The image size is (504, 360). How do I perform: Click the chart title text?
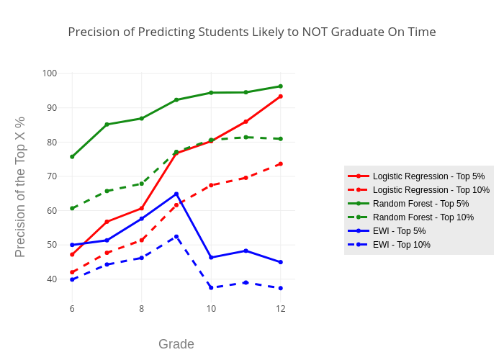pos(252,32)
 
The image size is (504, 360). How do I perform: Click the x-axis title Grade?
pos(176,344)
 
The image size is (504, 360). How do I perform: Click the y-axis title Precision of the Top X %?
pos(20,186)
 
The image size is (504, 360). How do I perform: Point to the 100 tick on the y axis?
pos(49,73)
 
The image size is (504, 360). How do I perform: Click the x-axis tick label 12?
pos(281,309)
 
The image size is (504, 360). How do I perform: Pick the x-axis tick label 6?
pos(72,309)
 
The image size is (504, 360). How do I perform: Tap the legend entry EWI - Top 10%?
pos(402,245)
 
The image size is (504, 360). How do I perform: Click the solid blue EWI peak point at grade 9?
pos(176,194)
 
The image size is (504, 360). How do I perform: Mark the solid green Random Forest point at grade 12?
pos(281,86)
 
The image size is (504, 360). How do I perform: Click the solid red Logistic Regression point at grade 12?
pos(281,96)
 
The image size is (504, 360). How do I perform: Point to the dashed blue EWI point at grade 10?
pos(211,288)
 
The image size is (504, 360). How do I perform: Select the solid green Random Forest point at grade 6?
pos(72,157)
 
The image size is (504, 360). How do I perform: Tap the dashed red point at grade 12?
pos(281,163)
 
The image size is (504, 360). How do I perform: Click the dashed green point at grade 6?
pos(72,208)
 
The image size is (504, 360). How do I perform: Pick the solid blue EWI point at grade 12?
pos(281,262)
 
